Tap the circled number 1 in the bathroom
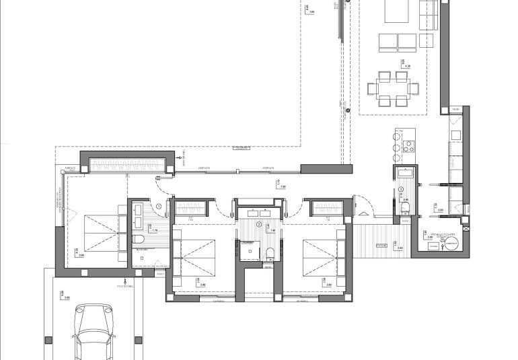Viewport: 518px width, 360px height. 159,207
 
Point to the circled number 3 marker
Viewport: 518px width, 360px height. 401,189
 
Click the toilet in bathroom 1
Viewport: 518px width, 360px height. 139,240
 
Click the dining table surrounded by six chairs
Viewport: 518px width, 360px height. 392,87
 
